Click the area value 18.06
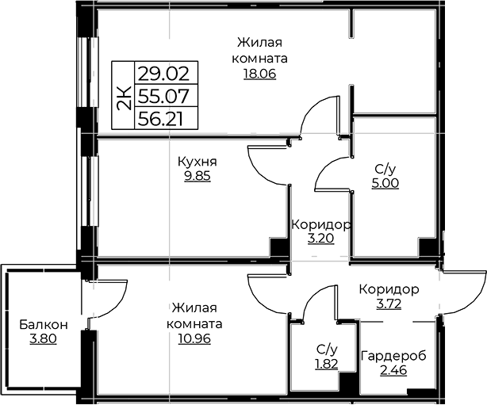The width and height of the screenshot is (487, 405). (x=259, y=74)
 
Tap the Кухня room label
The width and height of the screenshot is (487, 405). (x=197, y=162)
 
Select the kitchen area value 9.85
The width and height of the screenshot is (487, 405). (x=197, y=176)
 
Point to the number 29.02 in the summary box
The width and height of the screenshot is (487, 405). (x=163, y=74)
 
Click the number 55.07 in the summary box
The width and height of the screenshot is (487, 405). (x=163, y=96)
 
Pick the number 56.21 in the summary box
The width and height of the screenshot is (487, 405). (x=160, y=119)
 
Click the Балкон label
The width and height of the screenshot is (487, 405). (x=43, y=325)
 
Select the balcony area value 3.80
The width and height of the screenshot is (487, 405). (x=43, y=338)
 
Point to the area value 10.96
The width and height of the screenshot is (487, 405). (x=194, y=338)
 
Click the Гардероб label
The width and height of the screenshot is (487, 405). (x=393, y=356)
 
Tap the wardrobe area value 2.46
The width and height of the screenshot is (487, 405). (x=393, y=370)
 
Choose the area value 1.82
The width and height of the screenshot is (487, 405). (x=327, y=364)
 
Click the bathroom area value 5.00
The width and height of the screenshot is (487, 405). (x=385, y=183)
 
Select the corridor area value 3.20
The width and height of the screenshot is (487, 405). (x=321, y=239)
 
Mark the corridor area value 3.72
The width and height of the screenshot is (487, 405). (x=389, y=304)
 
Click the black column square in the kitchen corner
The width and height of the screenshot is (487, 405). (x=278, y=247)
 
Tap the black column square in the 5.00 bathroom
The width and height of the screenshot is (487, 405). (x=428, y=247)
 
